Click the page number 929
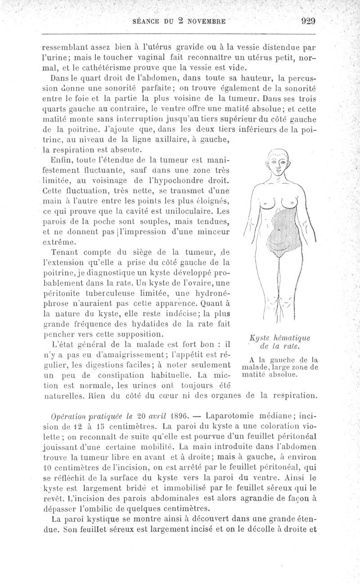point(306,21)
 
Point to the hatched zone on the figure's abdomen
point(278,234)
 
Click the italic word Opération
point(67,415)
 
